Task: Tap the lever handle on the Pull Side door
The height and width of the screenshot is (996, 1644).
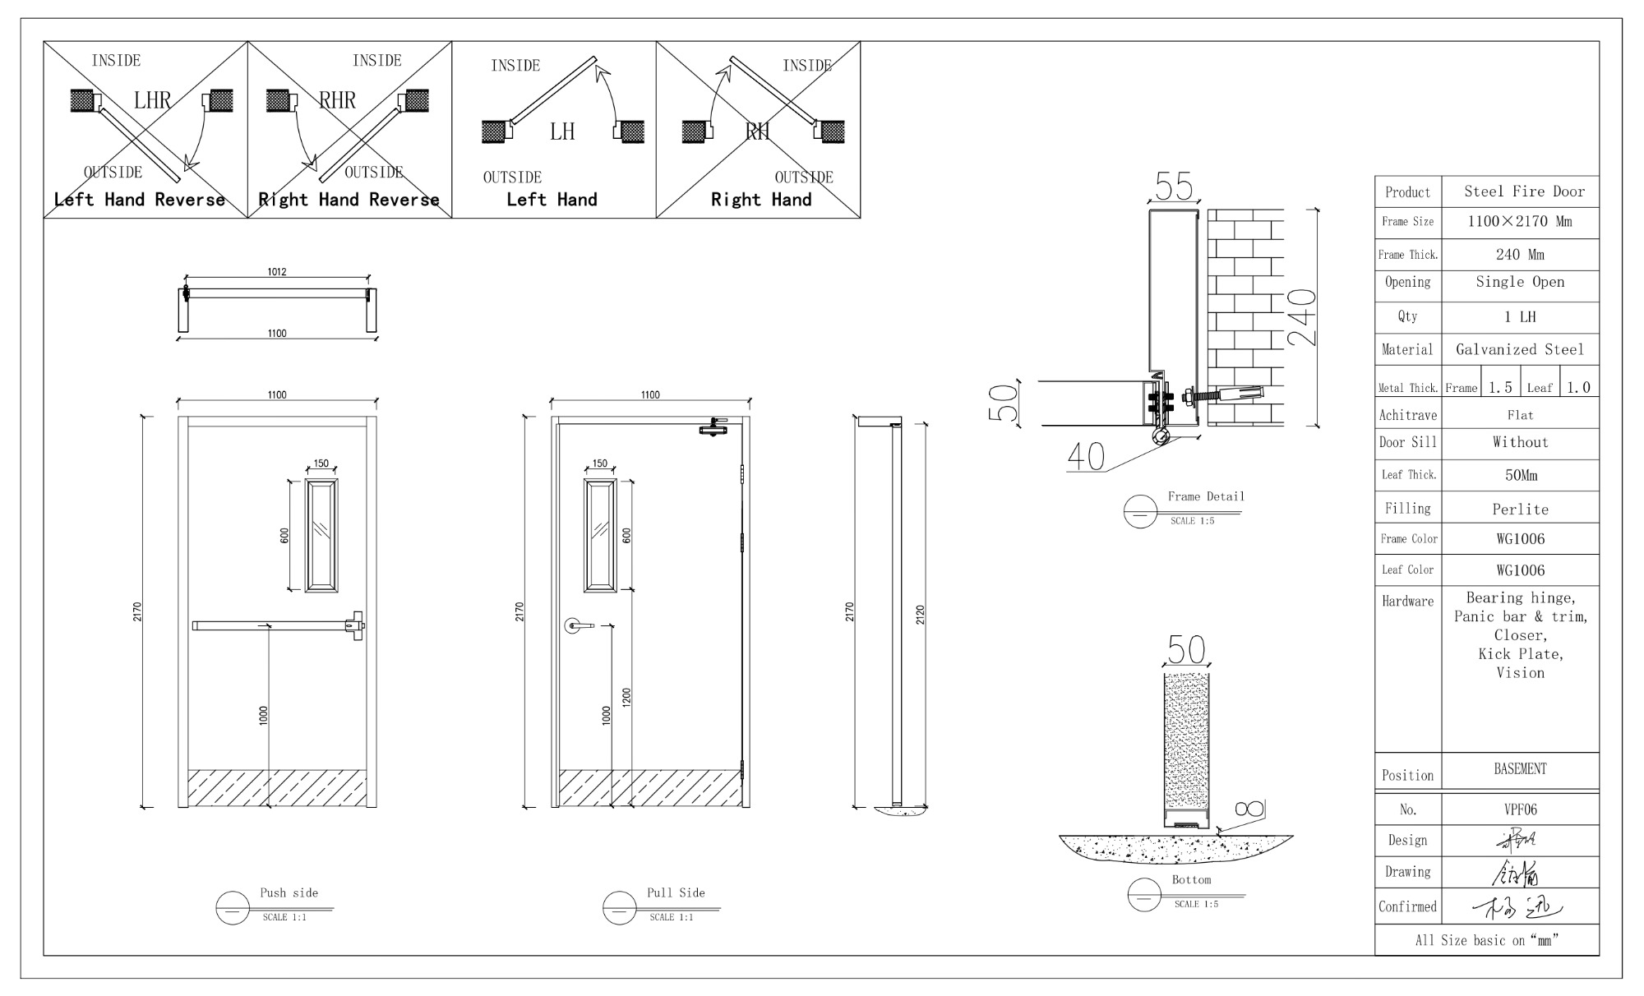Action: point(579,626)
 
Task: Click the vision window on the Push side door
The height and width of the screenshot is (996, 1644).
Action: point(321,535)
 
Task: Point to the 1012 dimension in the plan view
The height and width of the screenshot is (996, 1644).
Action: point(277,272)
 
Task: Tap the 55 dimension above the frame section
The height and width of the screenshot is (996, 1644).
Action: point(1173,187)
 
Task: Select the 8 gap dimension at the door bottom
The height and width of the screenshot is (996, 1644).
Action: point(1254,809)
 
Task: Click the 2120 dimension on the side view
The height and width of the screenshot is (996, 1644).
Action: point(920,614)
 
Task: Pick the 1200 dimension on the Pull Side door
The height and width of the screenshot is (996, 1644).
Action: point(626,699)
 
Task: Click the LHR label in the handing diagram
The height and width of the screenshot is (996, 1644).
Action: point(153,101)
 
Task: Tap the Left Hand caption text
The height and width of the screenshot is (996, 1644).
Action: point(552,200)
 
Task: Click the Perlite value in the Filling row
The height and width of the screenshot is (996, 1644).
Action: point(1520,510)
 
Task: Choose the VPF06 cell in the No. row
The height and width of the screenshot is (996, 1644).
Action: point(1520,809)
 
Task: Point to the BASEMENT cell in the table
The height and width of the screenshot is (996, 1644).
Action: point(1520,769)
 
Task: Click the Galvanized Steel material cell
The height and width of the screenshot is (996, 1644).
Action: point(1519,350)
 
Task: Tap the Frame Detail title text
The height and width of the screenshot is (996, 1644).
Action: point(1206,496)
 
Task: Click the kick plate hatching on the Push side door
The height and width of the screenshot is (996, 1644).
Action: point(278,787)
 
